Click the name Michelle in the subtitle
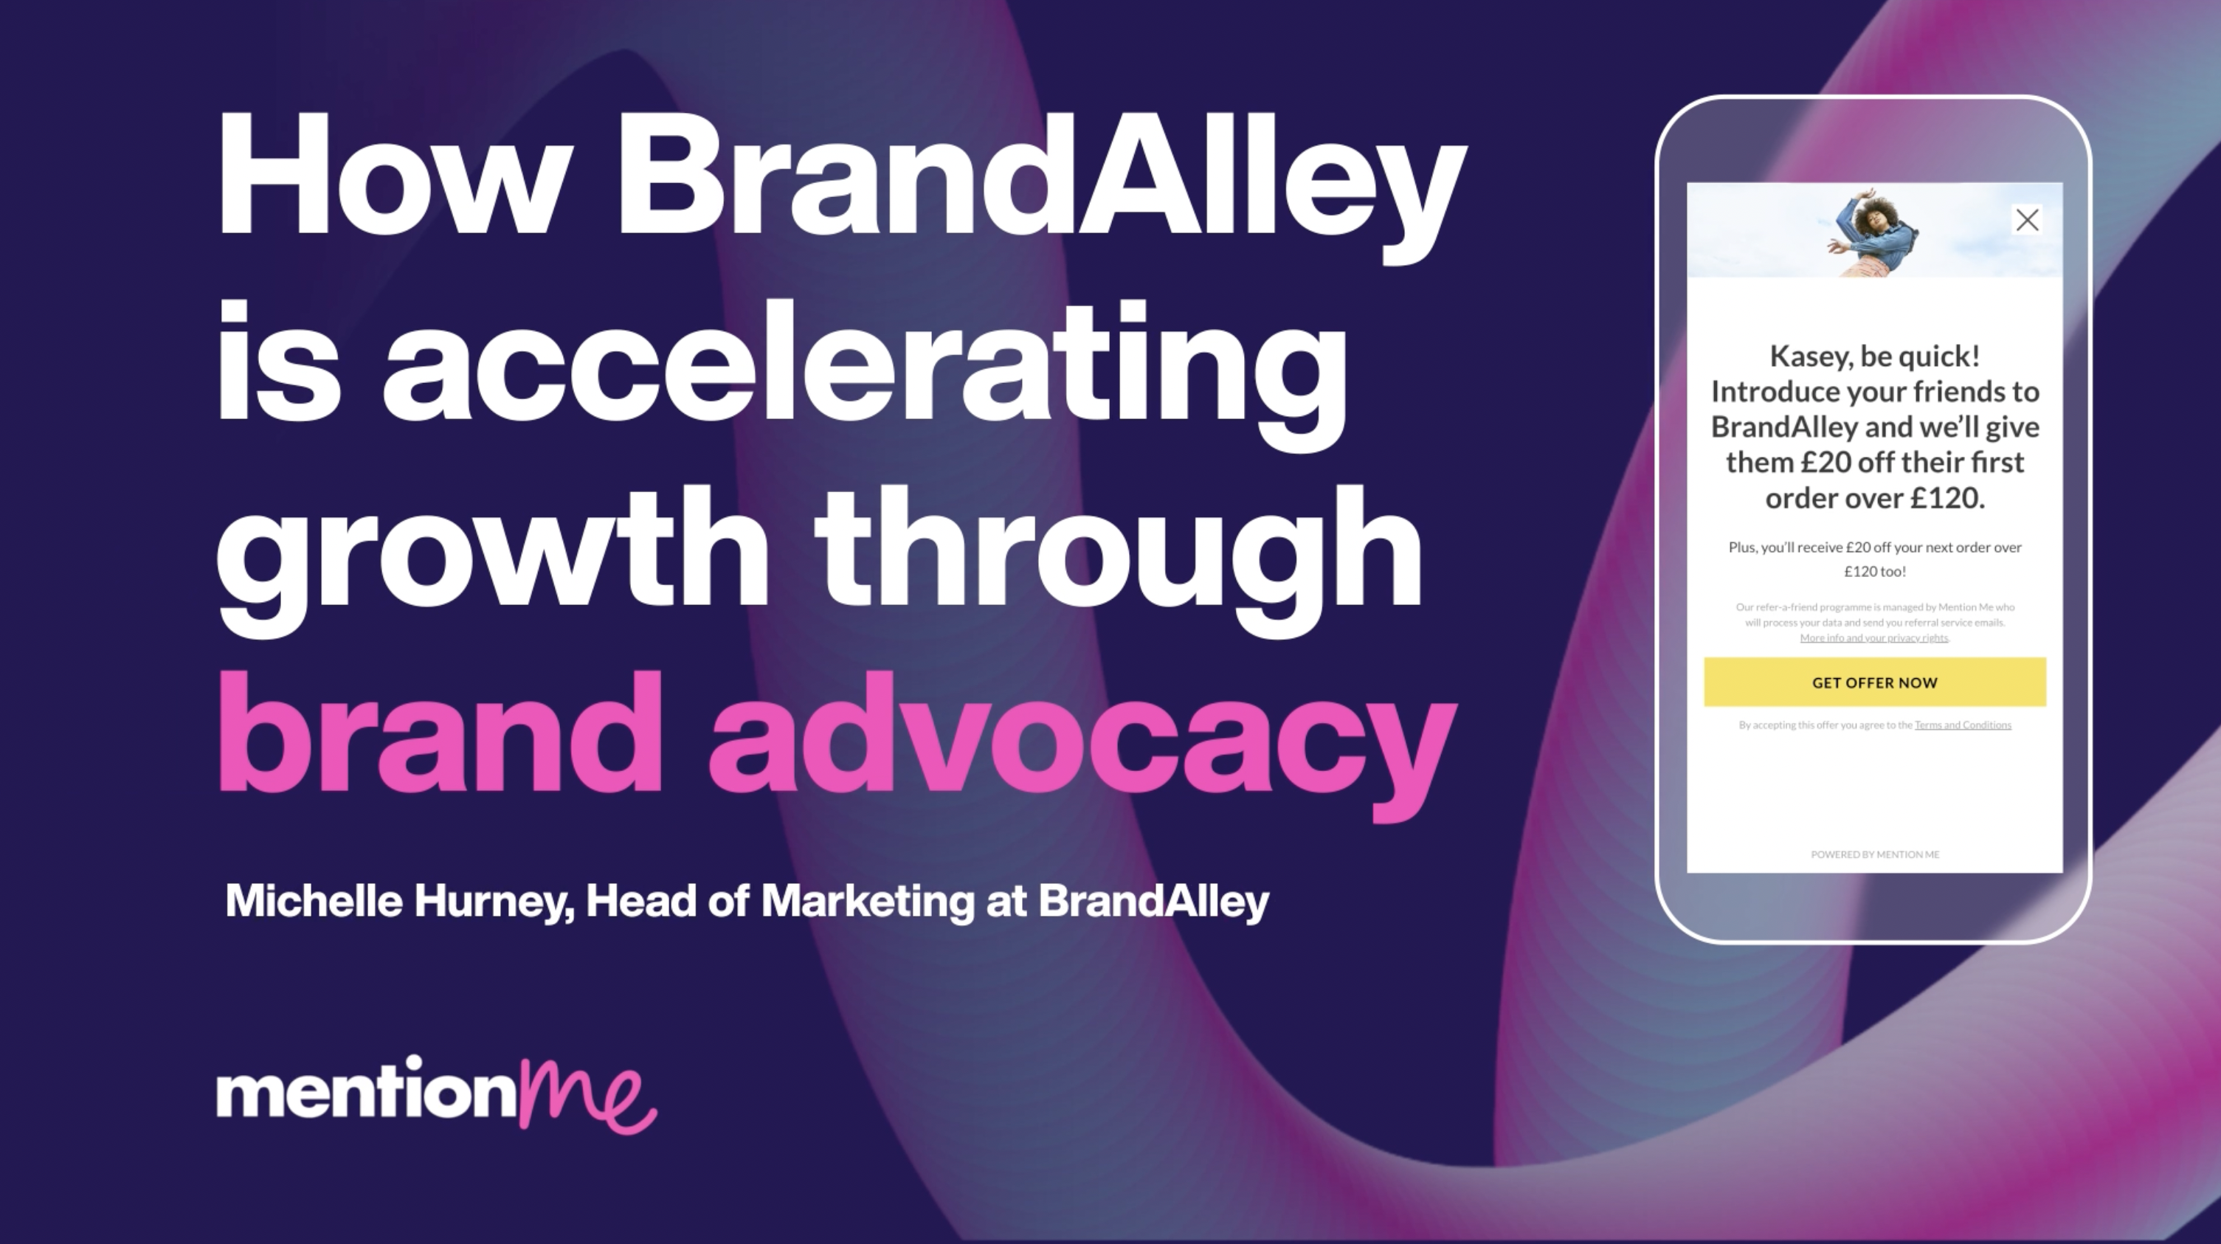tap(314, 901)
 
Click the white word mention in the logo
tap(367, 1093)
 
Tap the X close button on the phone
tap(2027, 220)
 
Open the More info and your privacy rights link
tap(1873, 638)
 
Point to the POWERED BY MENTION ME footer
tap(1874, 854)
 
